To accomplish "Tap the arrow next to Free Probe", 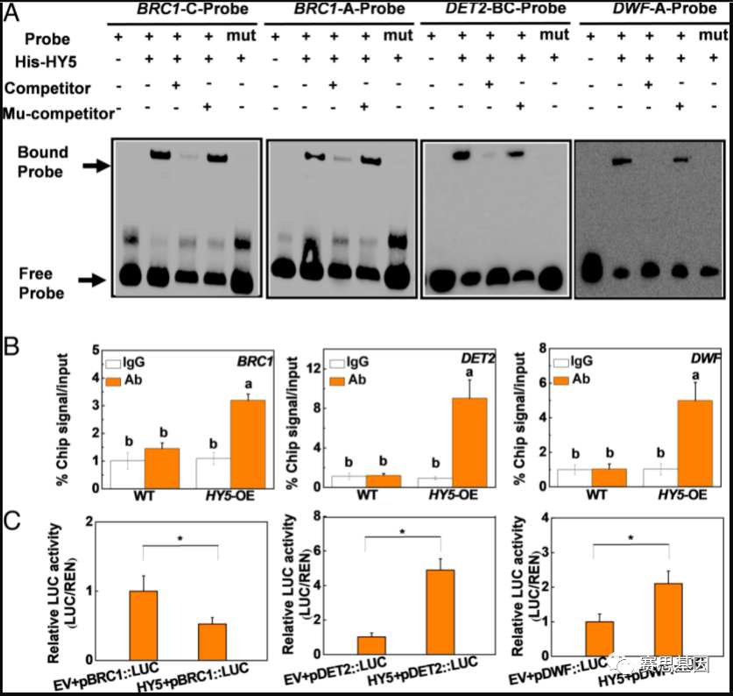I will coord(91,281).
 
